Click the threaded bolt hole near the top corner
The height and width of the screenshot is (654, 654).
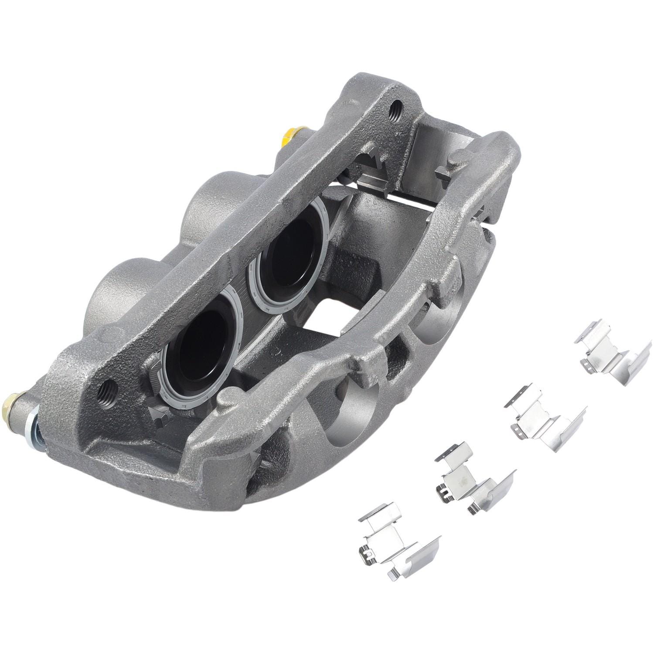point(397,106)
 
